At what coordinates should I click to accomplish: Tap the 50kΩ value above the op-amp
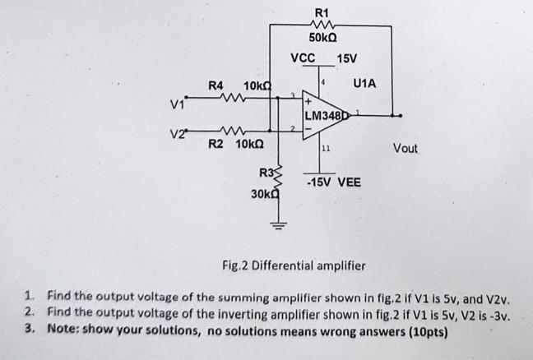point(322,38)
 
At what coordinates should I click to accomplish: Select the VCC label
point(303,58)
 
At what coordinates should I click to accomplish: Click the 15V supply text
point(347,58)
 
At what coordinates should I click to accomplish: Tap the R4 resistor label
point(216,85)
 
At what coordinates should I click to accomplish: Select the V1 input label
point(175,104)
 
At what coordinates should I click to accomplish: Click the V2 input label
point(175,133)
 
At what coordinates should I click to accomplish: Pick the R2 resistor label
point(216,145)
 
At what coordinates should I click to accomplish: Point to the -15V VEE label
point(332,182)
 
